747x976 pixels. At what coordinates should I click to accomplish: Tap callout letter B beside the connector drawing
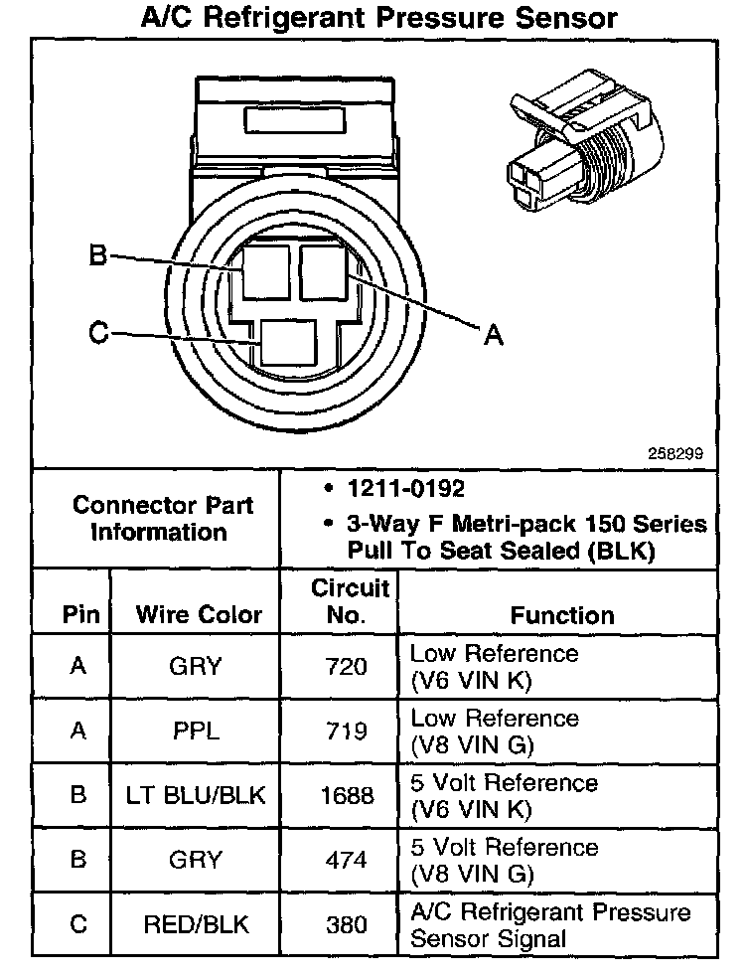pos(97,255)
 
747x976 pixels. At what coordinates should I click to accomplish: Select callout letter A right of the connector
pos(492,336)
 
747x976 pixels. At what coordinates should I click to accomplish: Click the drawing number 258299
pos(675,452)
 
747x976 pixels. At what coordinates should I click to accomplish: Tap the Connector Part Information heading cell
pos(162,518)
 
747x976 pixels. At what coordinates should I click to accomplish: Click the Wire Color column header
pos(199,615)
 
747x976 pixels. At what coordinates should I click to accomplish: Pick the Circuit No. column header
pos(344,601)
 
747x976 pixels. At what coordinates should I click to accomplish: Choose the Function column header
pos(562,615)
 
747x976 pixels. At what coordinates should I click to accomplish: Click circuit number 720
pos(347,666)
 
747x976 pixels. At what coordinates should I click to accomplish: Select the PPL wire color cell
pos(195,732)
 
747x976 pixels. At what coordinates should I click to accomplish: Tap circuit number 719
pos(347,732)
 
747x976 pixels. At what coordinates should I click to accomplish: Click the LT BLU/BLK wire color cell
pos(197,796)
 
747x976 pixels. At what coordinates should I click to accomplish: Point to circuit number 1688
pos(348,796)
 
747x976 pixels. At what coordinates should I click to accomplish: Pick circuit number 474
pos(347,861)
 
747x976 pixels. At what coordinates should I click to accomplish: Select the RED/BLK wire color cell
pos(197,924)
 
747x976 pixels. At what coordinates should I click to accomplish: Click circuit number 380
pos(347,924)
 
